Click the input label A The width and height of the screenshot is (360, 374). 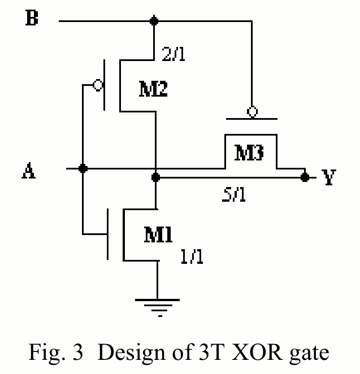coord(29,171)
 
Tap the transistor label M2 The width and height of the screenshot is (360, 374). coord(153,89)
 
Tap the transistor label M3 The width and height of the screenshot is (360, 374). coord(249,153)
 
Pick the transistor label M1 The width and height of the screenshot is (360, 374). coord(158,234)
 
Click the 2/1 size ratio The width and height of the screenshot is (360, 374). coord(174,55)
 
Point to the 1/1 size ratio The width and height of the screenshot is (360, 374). coord(192,257)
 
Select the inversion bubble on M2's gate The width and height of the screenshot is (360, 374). coord(98,85)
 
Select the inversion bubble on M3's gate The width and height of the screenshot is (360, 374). coord(253,112)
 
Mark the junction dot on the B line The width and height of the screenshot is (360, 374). coord(153,21)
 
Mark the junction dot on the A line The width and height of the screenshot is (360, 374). coord(83,168)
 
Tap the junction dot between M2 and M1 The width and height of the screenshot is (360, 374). coord(156,177)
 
